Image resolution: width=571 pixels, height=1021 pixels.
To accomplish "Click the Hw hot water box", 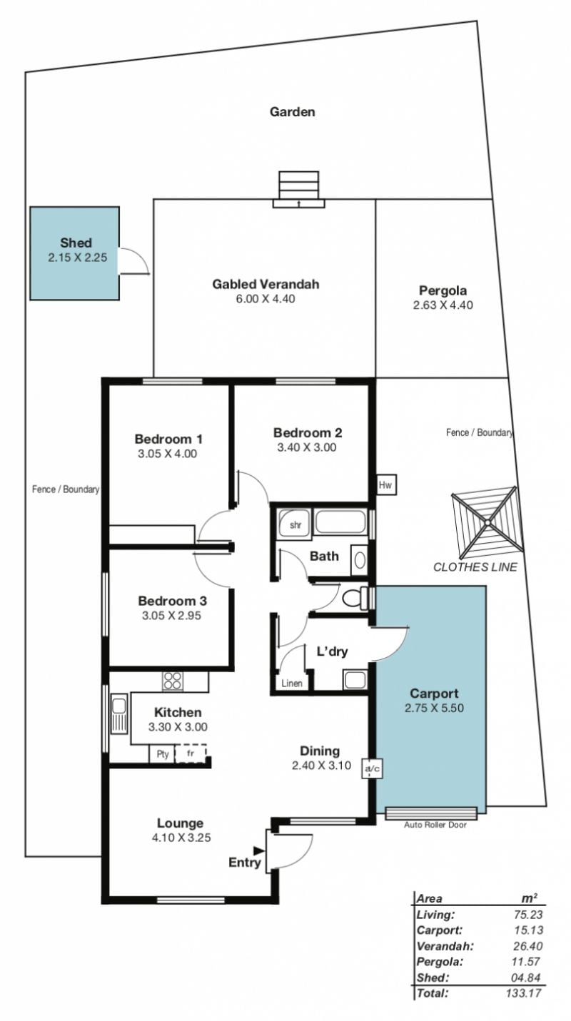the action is pos(386,484).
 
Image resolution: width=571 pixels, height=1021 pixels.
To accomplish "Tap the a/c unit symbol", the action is pos(372,769).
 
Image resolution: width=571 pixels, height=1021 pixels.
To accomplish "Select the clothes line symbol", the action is pos(487,522).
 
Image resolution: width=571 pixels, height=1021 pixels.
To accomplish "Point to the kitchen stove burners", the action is pos(173,681).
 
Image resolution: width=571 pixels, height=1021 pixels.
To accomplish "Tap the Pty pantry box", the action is pos(163,754).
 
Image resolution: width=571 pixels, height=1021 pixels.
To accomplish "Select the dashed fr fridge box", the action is pos(191,754).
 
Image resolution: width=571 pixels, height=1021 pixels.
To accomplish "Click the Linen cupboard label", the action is pos(292,684).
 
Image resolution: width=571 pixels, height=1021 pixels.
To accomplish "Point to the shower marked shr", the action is pos(294,524).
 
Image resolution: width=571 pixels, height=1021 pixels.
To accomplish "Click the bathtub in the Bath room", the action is pos(340,522).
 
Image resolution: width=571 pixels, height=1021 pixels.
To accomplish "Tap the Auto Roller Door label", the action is pos(435,825).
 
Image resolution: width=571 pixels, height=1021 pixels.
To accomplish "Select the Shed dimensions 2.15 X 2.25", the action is pos(78,258).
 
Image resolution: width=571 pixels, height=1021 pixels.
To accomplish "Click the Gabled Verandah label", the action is pos(266,285).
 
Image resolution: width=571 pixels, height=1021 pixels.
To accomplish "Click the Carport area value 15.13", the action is pos(528,930).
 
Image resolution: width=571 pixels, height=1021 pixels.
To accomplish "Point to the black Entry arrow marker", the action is pos(258,850).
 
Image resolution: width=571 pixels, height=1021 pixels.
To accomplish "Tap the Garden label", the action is pos(293,112).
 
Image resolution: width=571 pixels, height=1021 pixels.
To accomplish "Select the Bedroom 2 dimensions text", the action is pos(307,447).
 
